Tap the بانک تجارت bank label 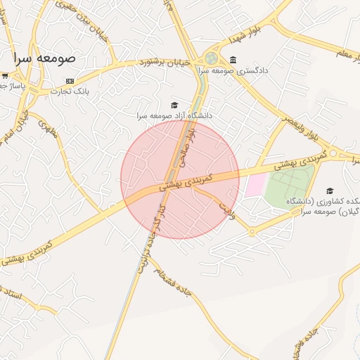(x=75, y=91)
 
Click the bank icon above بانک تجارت (x=70, y=81)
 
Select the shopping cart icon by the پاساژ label (x=5, y=75)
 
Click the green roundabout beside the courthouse (x=211, y=58)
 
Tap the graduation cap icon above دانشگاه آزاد (x=174, y=105)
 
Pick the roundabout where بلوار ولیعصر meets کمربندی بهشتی (x=333, y=153)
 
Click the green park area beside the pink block (x=289, y=184)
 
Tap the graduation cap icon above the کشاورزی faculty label (x=330, y=191)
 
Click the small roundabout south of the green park (x=252, y=231)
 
